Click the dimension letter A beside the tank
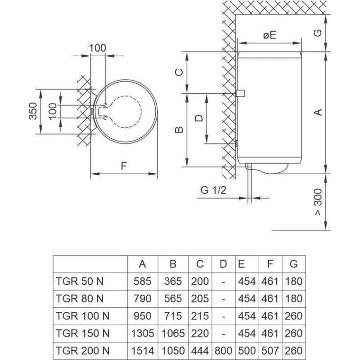click(x=318, y=112)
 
